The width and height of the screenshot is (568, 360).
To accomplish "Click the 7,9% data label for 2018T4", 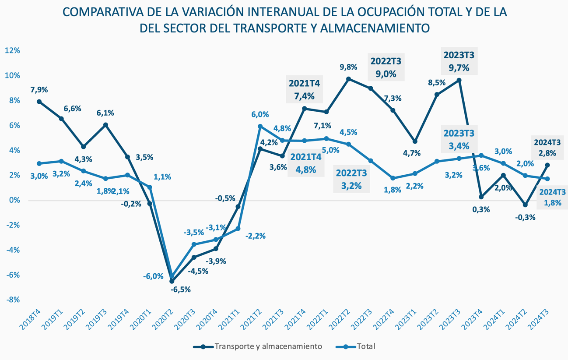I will [39, 90].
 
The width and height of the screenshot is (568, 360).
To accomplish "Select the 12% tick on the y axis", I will [12, 50].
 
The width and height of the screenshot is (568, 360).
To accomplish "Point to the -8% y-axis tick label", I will [12, 300].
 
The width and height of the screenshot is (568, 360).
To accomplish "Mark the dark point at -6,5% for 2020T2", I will [172, 281].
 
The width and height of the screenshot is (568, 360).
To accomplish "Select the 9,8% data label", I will [348, 67].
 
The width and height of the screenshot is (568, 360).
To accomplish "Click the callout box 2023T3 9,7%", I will [459, 61].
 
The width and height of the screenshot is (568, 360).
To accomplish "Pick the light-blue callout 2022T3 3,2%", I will [351, 179].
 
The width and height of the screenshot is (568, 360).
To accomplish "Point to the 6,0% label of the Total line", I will [260, 114].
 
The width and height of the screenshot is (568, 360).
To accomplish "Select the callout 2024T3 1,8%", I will [552, 197].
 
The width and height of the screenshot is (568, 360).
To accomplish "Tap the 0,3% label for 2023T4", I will [481, 209].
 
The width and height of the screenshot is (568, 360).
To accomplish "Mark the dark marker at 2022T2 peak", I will [348, 79].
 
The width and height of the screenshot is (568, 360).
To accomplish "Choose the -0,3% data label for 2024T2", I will [525, 216].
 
